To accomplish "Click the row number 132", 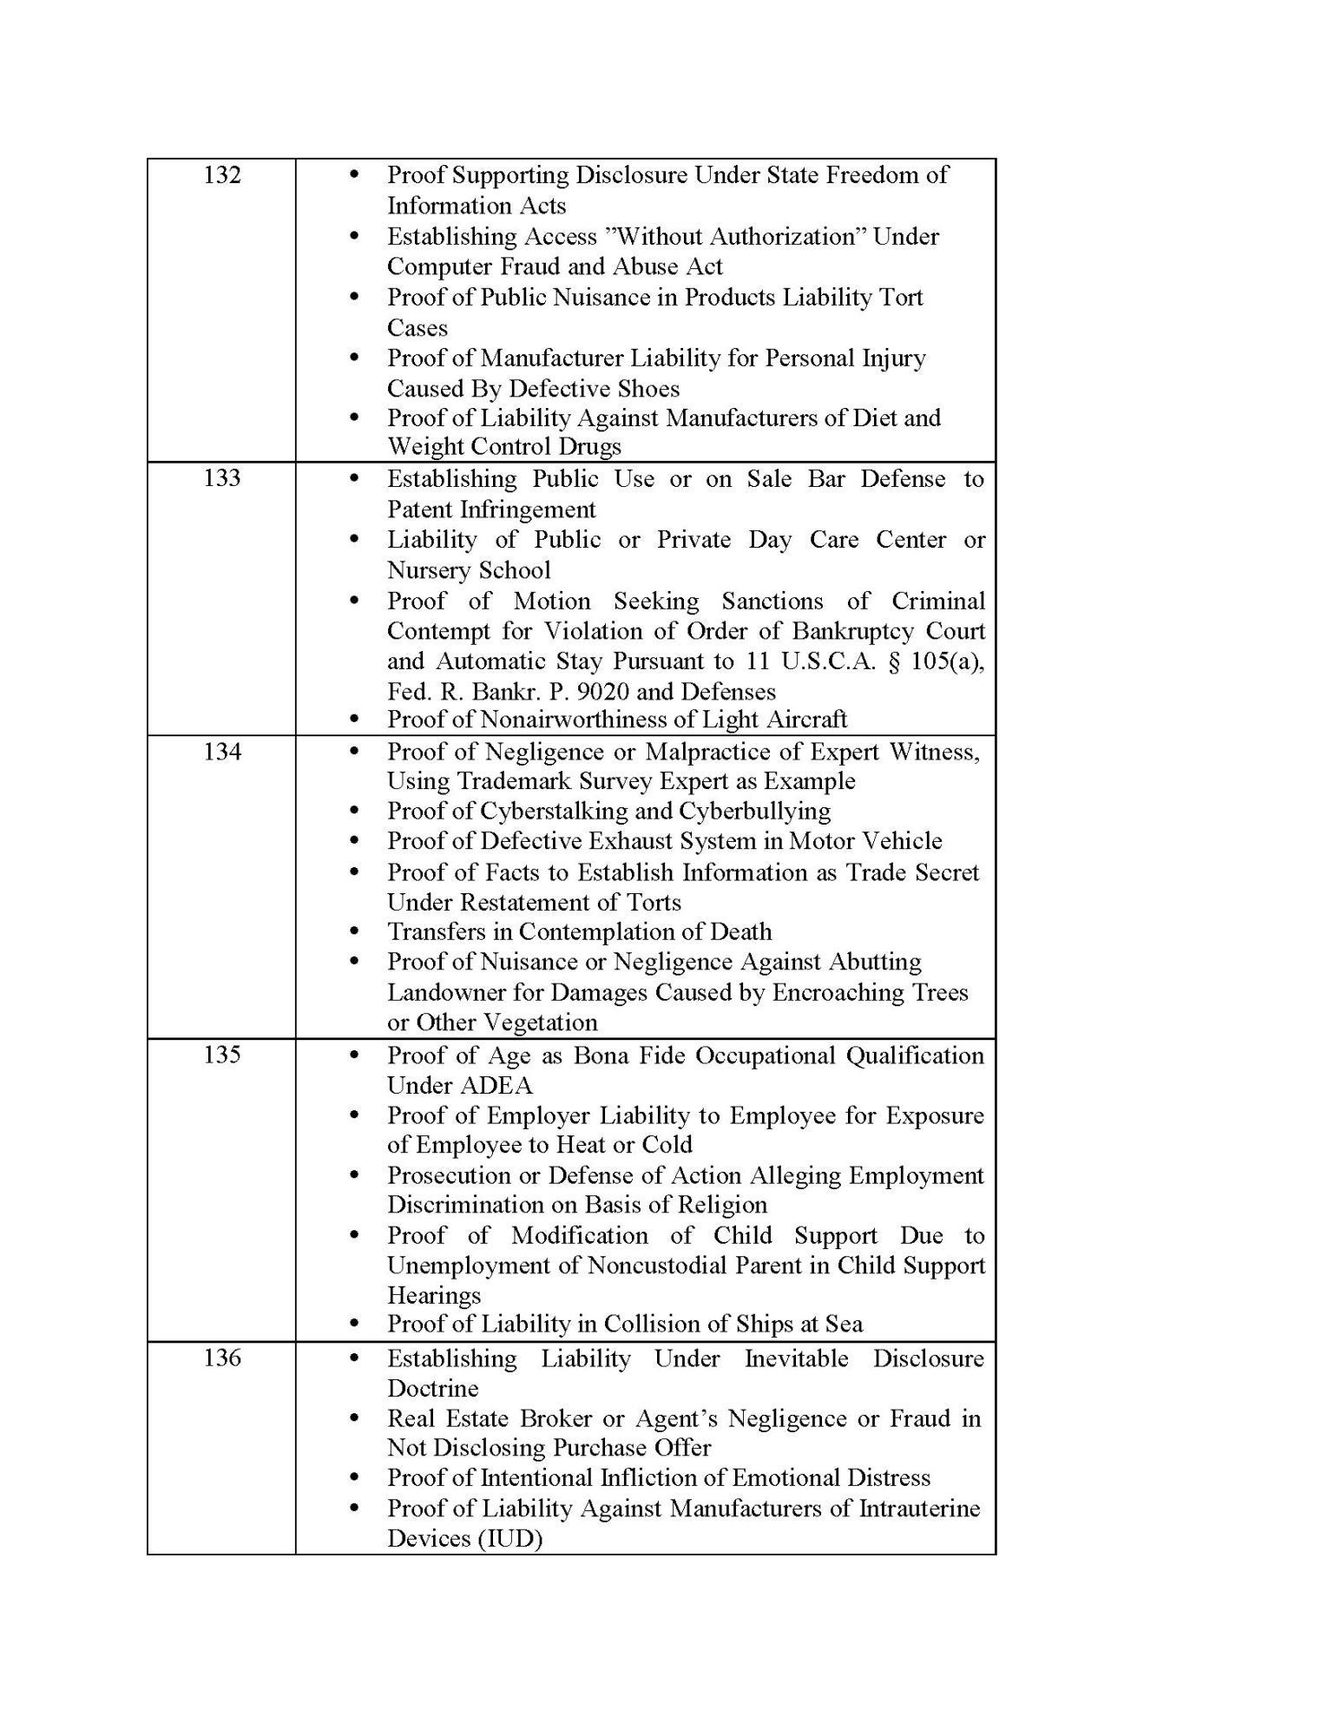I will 221,175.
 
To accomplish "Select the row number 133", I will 221,478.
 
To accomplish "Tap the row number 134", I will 221,752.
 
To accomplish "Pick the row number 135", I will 221,1055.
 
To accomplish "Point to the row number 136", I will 221,1358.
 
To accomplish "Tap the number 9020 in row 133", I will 605,692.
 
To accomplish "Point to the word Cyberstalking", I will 567,811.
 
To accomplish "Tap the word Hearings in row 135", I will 434,1296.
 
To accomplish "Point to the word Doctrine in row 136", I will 432,1388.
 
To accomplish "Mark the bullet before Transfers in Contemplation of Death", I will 353,932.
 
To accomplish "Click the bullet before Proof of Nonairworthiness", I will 353,720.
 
